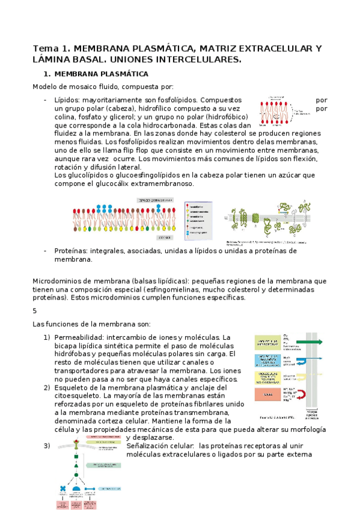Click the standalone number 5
[x=34, y=310]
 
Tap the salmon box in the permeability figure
[x=267, y=395]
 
